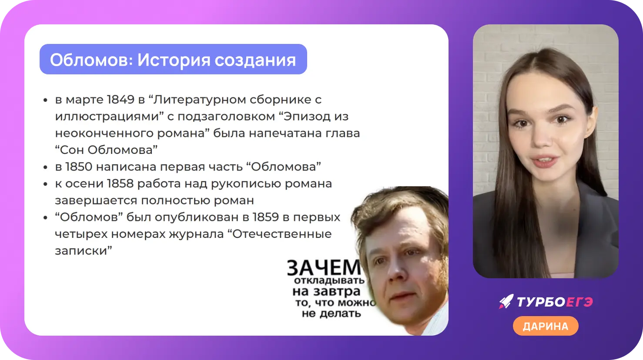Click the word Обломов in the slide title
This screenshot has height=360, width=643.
click(91, 60)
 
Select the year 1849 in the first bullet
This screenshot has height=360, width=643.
click(121, 100)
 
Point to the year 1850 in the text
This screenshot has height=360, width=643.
click(79, 167)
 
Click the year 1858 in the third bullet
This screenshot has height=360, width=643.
click(120, 183)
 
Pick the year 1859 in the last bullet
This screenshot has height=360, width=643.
click(265, 217)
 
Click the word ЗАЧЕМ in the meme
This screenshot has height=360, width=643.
click(324, 267)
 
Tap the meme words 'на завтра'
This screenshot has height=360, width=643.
click(326, 291)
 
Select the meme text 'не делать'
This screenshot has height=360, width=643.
click(331, 313)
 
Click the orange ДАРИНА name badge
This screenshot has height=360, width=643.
click(546, 326)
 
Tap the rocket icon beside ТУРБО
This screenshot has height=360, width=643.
click(506, 301)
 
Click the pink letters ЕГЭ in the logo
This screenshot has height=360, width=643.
click(579, 302)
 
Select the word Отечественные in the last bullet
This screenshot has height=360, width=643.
click(281, 234)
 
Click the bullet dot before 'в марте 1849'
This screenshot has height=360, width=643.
click(45, 100)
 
